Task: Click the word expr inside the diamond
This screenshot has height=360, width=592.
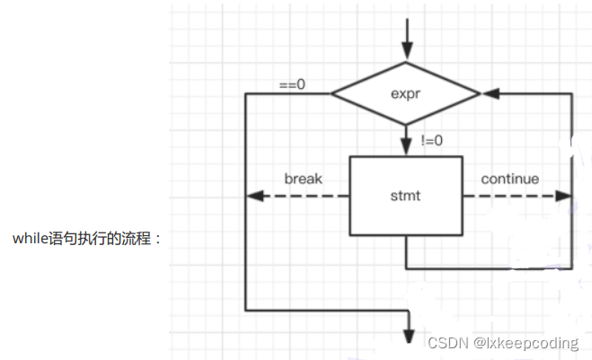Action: pyautogui.click(x=406, y=92)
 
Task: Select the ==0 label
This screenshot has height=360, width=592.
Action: pyautogui.click(x=292, y=84)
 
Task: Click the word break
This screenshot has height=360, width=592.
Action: pyautogui.click(x=303, y=179)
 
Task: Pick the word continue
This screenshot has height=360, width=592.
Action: pyautogui.click(x=509, y=179)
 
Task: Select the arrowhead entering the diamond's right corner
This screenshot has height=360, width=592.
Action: pyautogui.click(x=490, y=92)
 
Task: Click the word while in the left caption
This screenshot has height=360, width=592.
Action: pyautogui.click(x=30, y=239)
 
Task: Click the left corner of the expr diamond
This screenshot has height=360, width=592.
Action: pyautogui.click(x=333, y=92)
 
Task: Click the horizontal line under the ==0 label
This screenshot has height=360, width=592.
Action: pyautogui.click(x=287, y=92)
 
